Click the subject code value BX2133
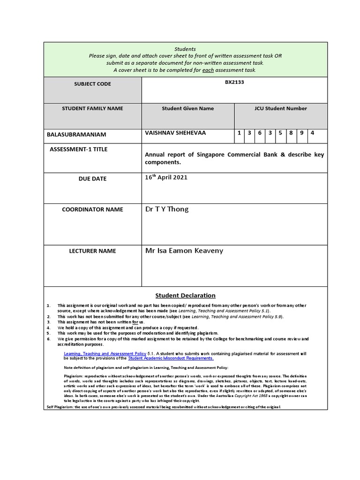(234, 82)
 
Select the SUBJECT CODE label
(92, 84)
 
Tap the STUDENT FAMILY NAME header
(92, 108)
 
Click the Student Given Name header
(187, 108)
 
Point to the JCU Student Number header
(280, 108)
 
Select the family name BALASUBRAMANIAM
(76, 135)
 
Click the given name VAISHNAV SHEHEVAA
(175, 133)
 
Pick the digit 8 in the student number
(291, 133)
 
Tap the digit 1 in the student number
(239, 133)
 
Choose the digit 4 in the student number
(313, 133)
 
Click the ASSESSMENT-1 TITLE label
(78, 150)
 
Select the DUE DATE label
(92, 179)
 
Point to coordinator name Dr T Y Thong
(167, 209)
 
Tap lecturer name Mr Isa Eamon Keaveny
(184, 251)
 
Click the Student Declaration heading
(185, 295)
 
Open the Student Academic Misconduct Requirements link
(171, 358)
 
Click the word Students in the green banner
(185, 49)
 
